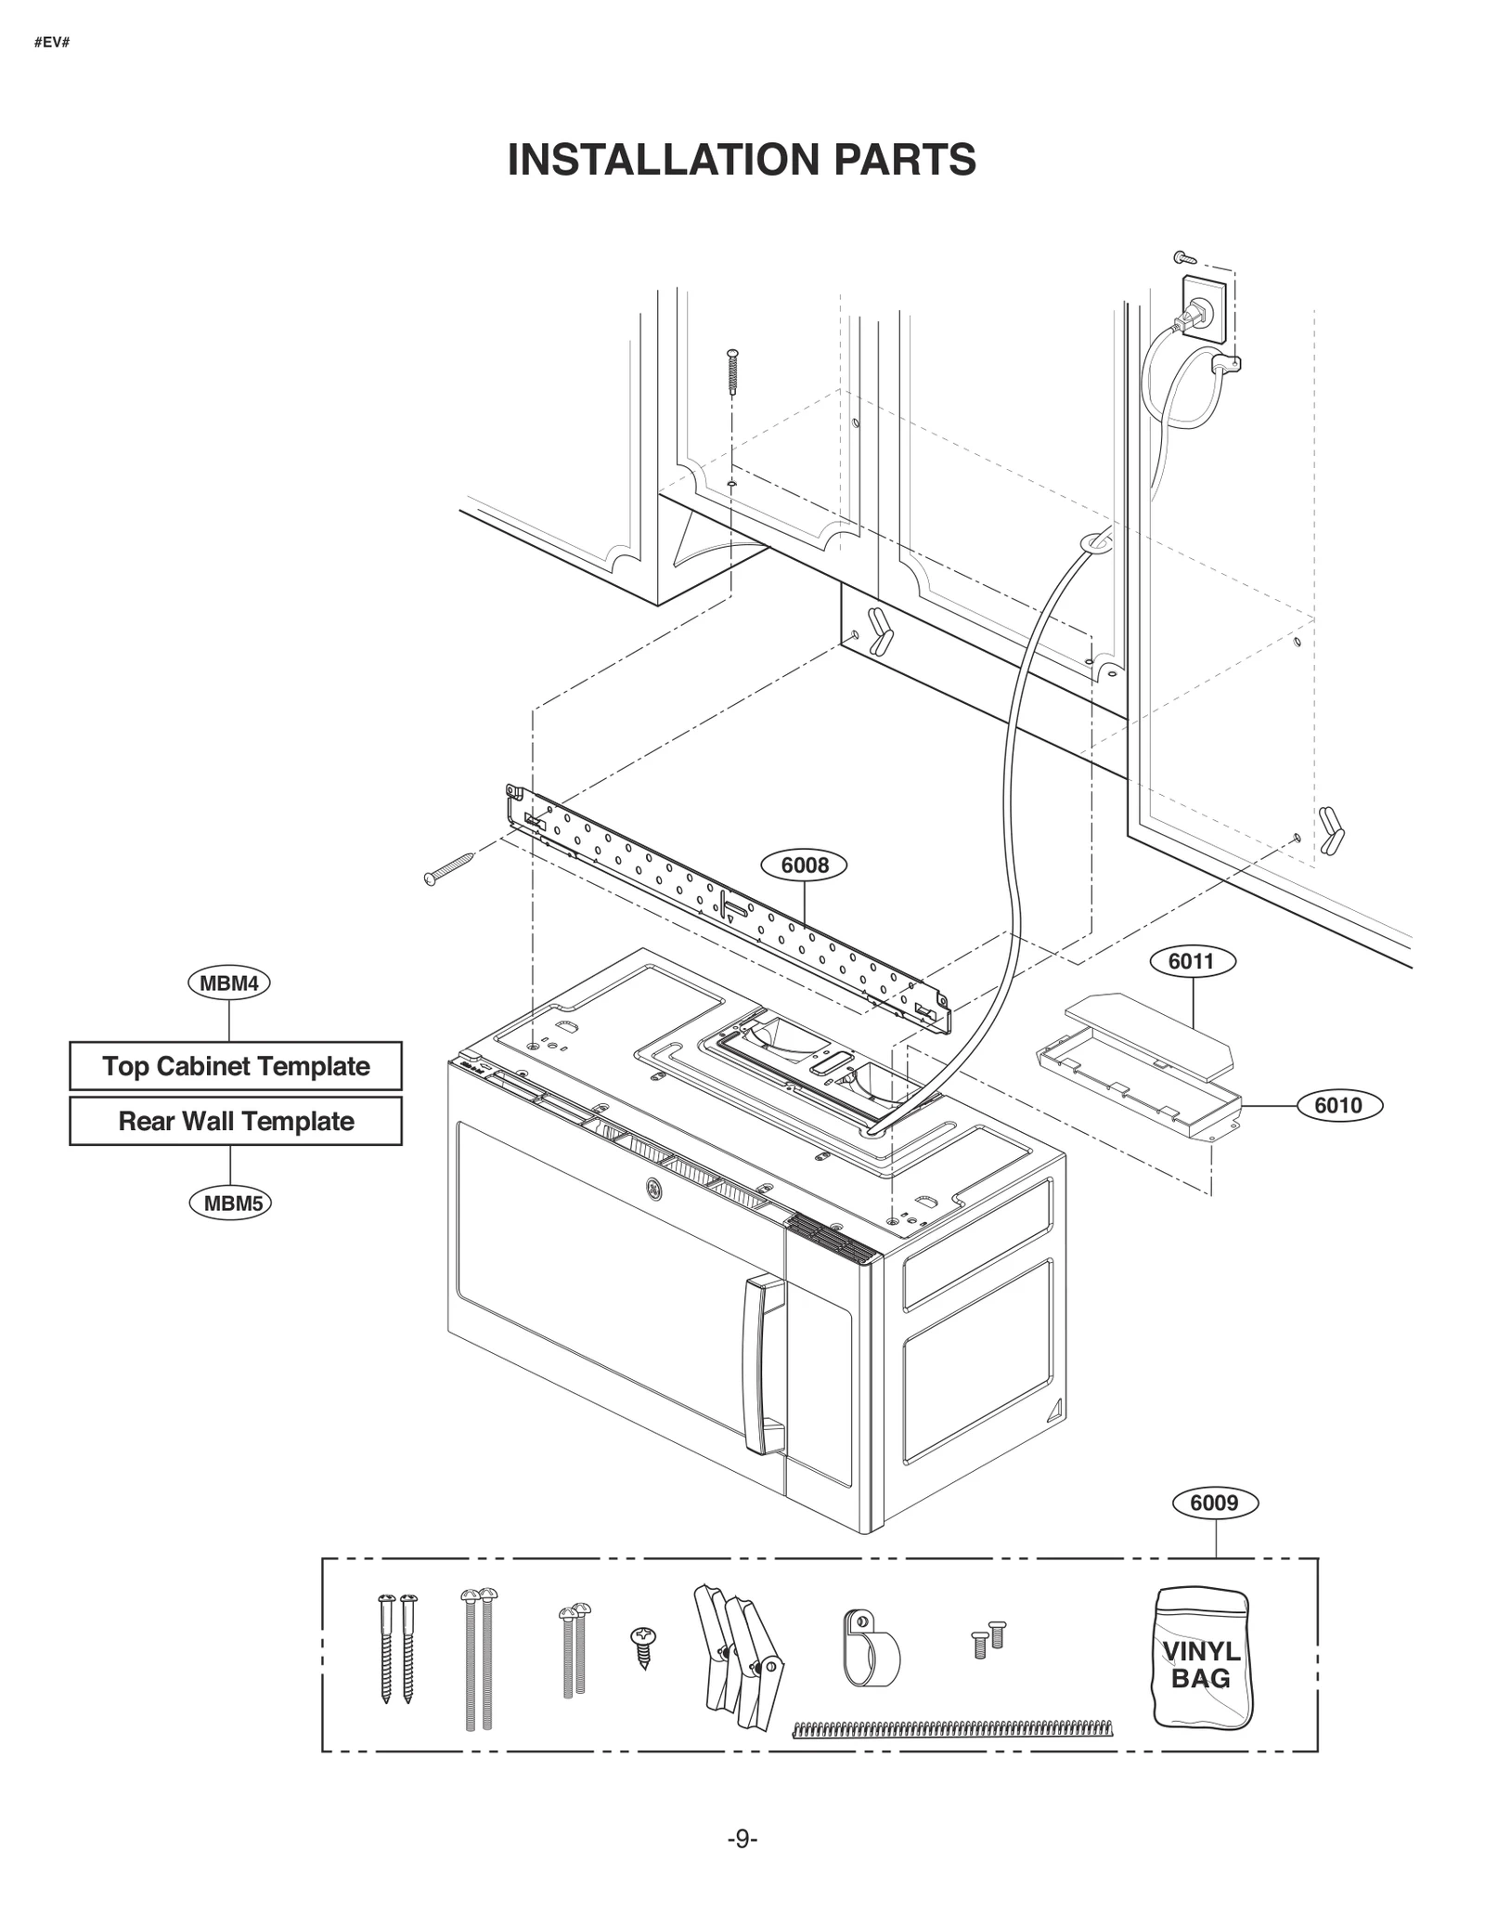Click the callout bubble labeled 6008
804,865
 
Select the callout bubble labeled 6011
1193,961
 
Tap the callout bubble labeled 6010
1338,1105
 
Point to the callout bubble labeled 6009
1215,1503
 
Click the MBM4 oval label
229,983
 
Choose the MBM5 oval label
231,1204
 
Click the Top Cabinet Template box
236,1066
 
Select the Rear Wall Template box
236,1121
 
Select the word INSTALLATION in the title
663,160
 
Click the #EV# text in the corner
52,44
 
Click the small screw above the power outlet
1183,256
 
